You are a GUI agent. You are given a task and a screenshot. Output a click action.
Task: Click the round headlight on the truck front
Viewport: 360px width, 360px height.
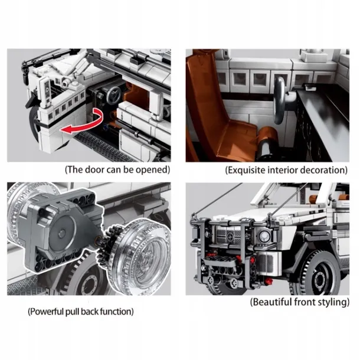pyautogui.click(x=264, y=236)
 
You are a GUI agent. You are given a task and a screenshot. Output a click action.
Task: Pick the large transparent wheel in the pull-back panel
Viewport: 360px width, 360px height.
pyautogui.click(x=140, y=255)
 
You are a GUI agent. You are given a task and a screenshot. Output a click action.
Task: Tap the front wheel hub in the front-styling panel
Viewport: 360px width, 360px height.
pyautogui.click(x=320, y=279)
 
